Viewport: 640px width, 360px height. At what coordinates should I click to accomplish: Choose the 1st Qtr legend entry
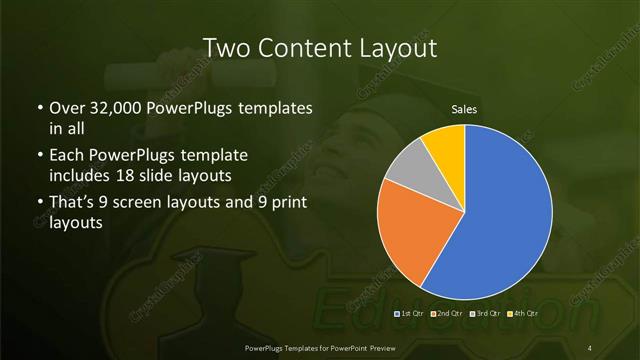coord(410,314)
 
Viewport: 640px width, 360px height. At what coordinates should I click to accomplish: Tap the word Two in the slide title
coord(227,48)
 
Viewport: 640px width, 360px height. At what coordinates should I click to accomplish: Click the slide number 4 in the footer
coord(590,346)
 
